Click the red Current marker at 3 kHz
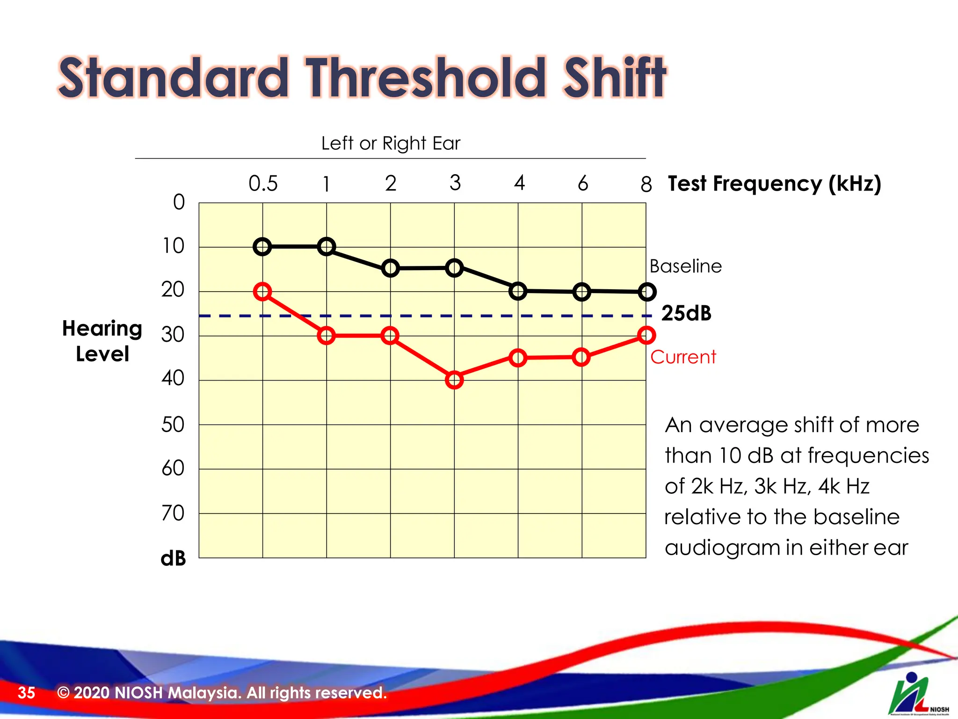(x=454, y=380)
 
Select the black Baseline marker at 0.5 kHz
(x=262, y=247)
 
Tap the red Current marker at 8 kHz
(x=646, y=335)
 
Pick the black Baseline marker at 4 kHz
(x=518, y=291)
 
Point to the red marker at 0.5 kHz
(x=262, y=292)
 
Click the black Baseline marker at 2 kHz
(x=390, y=268)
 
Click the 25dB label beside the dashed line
(x=686, y=313)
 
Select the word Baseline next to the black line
(x=685, y=266)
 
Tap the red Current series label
(x=683, y=357)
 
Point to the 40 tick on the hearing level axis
(x=173, y=378)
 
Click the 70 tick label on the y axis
(x=173, y=514)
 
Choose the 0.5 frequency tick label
(x=263, y=183)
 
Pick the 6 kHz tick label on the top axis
(x=582, y=183)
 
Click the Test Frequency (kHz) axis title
(x=774, y=183)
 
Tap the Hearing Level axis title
(x=102, y=341)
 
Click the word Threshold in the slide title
(x=426, y=78)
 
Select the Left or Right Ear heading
(x=391, y=143)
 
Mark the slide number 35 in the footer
(x=26, y=693)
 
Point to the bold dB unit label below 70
(x=173, y=558)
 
